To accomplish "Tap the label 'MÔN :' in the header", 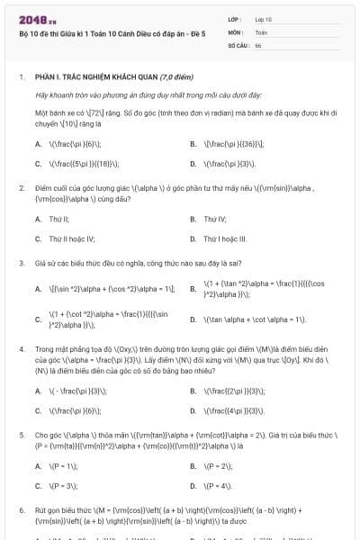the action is (236, 31).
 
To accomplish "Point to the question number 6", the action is (21, 510).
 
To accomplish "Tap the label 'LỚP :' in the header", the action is (236, 18).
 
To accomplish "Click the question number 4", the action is (21, 346).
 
